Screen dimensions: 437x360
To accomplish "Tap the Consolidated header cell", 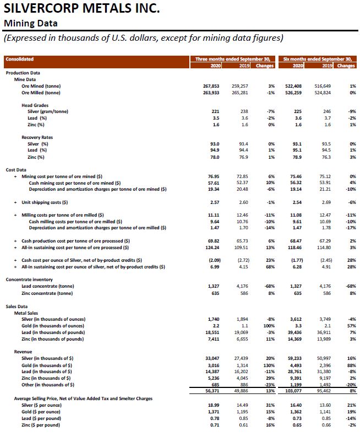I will [20, 59].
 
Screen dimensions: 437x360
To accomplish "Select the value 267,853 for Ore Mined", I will [211, 86].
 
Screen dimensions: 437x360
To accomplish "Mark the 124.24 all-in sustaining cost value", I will [212, 247].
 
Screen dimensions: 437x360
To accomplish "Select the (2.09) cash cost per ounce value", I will [212, 260].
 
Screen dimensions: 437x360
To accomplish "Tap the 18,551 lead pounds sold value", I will [211, 332].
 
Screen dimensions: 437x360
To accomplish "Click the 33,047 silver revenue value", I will [211, 358].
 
